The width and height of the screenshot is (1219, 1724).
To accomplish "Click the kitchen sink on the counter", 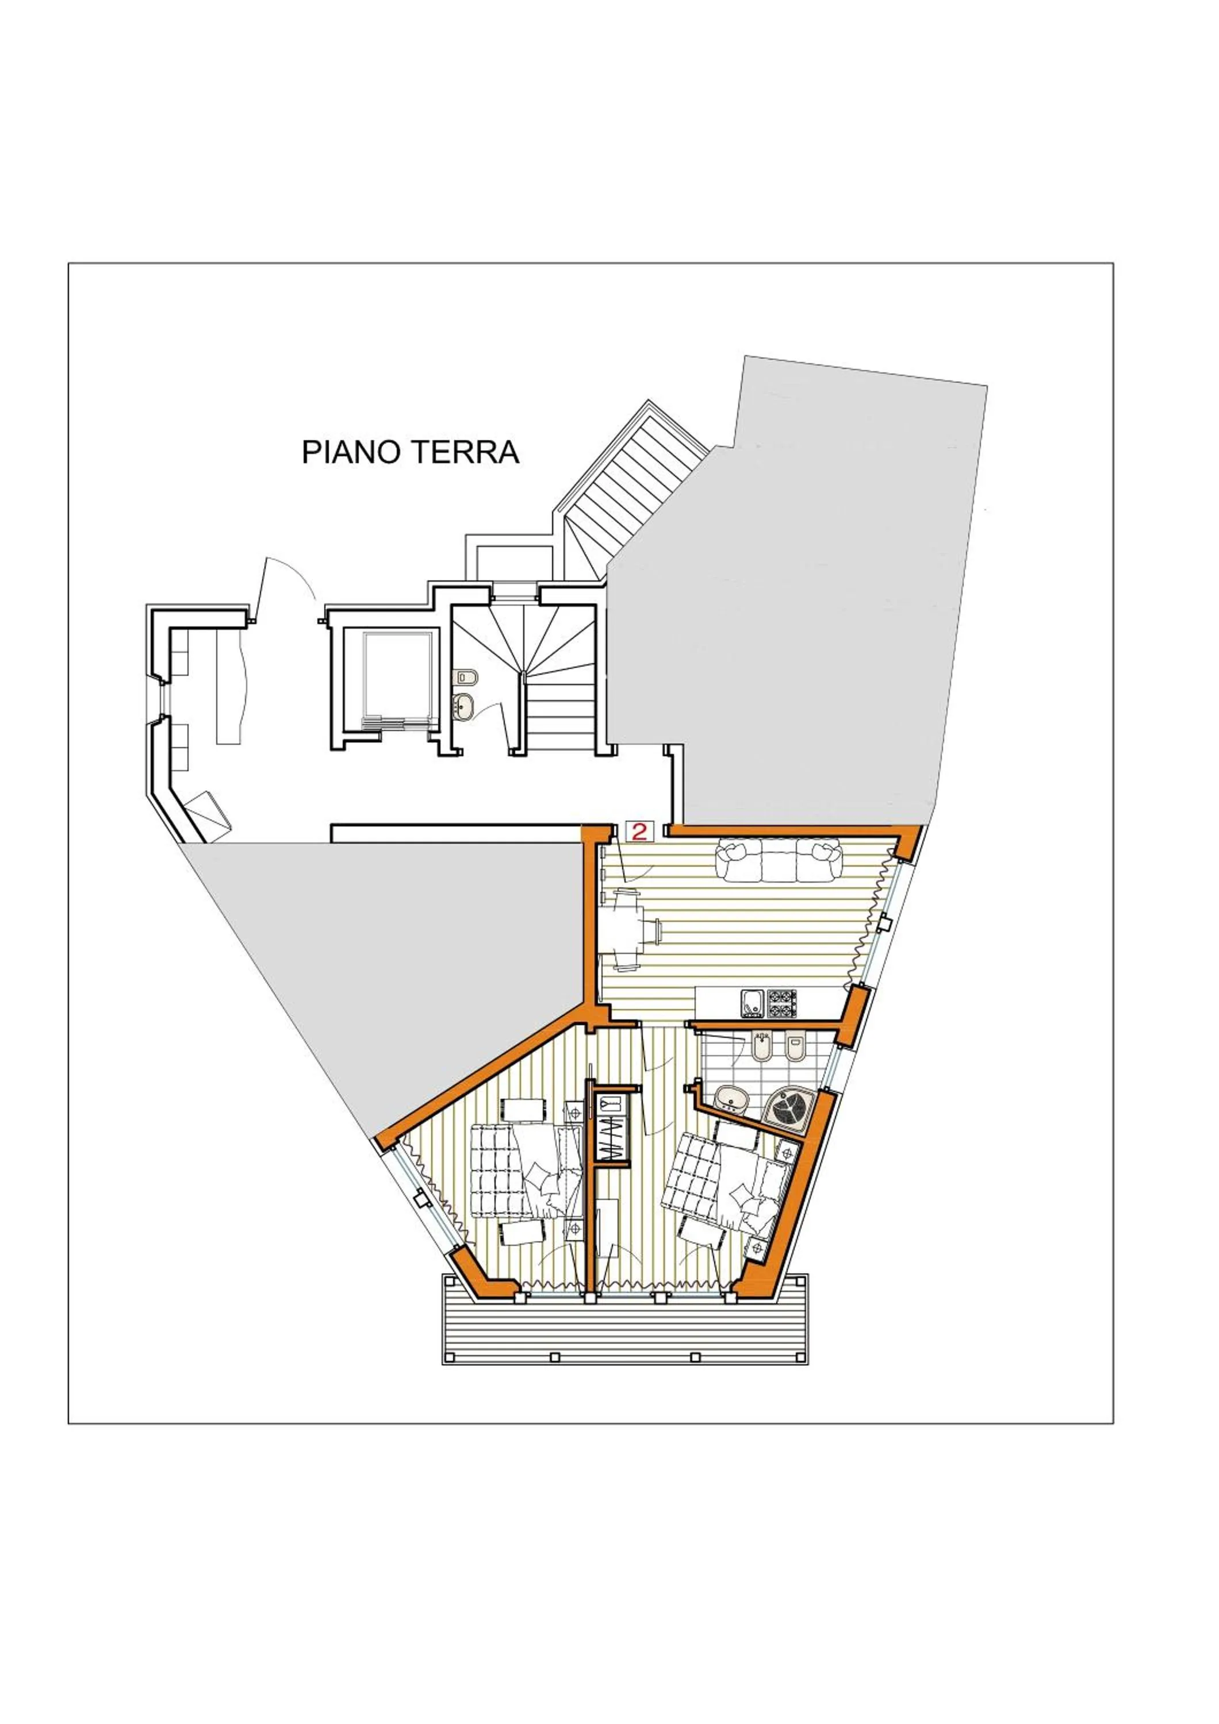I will [752, 1004].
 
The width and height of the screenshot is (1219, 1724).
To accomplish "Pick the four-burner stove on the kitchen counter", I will [782, 1004].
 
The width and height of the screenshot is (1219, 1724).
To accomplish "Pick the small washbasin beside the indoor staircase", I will [463, 706].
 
